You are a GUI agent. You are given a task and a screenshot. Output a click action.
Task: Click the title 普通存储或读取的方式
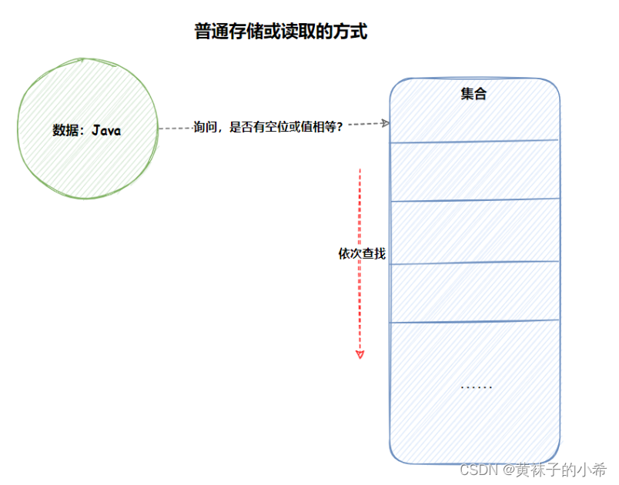coord(281,32)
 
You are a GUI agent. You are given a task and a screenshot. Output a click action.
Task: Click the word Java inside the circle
coord(106,130)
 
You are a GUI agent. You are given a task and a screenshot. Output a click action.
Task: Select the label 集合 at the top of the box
coord(473,95)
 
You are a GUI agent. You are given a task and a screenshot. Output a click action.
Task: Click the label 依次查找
coord(362,253)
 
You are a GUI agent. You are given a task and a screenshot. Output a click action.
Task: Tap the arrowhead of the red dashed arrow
coord(360,354)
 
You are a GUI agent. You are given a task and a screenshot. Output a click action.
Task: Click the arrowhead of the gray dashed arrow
coord(386,123)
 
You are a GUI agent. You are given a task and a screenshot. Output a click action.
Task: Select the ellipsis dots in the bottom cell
coord(476,386)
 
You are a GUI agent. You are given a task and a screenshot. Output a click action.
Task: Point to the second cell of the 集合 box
coord(474,171)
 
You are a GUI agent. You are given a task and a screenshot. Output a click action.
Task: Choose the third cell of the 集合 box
coord(474,232)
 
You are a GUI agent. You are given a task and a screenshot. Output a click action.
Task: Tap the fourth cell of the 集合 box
coord(474,292)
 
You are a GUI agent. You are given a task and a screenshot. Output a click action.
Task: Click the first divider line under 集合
coord(474,141)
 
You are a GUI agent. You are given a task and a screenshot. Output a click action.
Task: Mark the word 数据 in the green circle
coord(65,130)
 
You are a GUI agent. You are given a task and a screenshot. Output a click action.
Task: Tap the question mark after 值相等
coord(340,127)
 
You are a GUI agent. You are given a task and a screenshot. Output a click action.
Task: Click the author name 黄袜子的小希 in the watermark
coord(561,469)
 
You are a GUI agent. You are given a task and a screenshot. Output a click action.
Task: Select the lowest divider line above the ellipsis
coord(474,322)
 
